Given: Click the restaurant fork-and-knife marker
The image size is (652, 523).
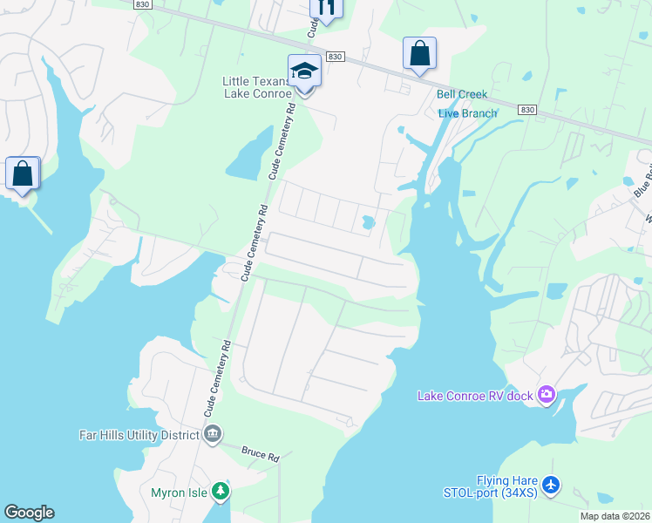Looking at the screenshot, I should (327, 8).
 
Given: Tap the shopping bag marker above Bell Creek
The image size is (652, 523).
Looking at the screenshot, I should (419, 54).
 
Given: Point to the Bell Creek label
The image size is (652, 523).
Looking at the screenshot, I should (462, 94).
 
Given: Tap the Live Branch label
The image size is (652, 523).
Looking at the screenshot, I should (467, 113).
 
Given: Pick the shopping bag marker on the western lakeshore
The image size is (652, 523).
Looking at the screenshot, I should (23, 173).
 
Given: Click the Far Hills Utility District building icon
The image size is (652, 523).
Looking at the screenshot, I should (211, 433).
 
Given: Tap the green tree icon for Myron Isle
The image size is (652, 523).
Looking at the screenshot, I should (221, 492).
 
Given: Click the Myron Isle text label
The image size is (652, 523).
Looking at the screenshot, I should (179, 492).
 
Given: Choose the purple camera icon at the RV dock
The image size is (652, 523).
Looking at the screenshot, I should (546, 396).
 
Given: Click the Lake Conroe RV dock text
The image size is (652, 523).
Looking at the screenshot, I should (475, 396).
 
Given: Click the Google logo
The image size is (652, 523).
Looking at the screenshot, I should (29, 513).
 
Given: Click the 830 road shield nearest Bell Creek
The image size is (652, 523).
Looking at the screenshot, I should (526, 110).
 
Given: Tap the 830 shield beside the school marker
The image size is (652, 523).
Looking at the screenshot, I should (336, 57).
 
